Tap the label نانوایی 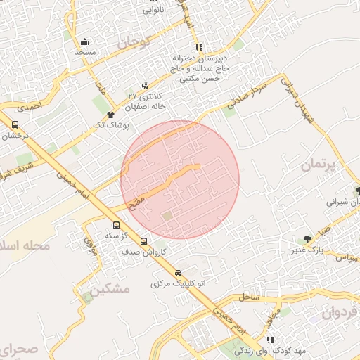(156, 10)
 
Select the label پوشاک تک (110, 124)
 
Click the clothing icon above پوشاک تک (110, 114)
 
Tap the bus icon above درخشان (15, 124)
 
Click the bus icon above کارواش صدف (144, 241)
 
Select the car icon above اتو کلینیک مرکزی (178, 273)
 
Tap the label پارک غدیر (307, 250)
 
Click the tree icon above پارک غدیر (307, 240)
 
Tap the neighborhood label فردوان (340, 311)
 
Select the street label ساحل (249, 298)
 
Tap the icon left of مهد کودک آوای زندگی (271, 340)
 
